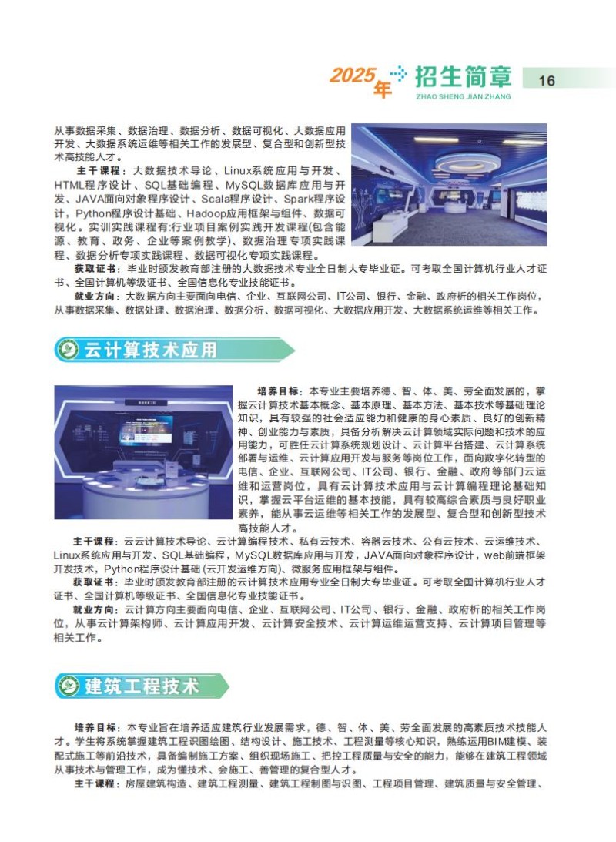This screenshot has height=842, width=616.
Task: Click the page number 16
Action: point(546,81)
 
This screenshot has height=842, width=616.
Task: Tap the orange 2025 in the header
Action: point(352,75)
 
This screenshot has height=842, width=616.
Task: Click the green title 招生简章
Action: point(463,77)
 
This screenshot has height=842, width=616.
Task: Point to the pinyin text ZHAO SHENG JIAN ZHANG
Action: point(463,96)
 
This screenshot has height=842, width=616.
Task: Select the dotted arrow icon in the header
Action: point(398,73)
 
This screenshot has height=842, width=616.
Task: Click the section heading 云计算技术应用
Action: point(150,350)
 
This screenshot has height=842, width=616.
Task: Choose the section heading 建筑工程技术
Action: point(142,686)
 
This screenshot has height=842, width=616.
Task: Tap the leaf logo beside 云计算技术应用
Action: point(69,350)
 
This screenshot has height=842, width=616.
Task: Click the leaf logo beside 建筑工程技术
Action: point(69,686)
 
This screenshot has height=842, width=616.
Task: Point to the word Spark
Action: point(298,200)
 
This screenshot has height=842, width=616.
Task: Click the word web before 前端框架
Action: point(495,555)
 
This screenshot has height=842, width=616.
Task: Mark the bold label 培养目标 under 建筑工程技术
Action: point(95,728)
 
